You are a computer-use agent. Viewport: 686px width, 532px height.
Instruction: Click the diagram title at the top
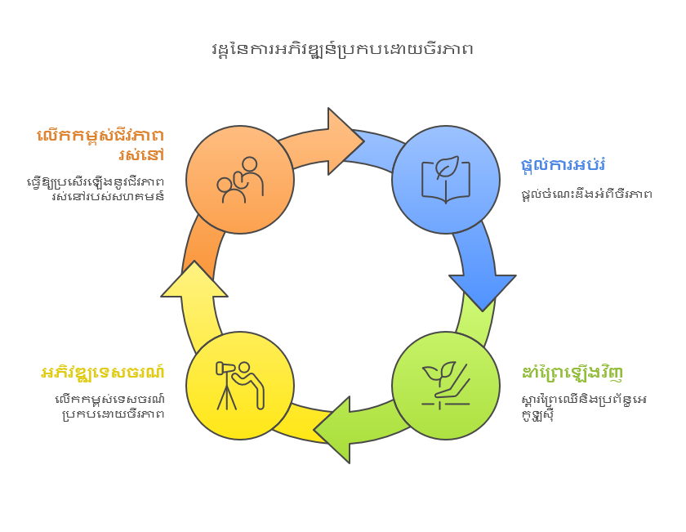(x=342, y=49)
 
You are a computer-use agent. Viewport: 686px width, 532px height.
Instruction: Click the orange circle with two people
(x=240, y=179)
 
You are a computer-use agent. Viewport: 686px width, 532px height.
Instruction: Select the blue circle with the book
(x=445, y=179)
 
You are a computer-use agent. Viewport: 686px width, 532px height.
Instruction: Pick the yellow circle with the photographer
(x=240, y=385)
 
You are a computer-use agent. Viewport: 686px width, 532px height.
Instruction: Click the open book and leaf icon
(x=445, y=179)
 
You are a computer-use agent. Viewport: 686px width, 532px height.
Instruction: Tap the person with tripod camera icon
(x=240, y=384)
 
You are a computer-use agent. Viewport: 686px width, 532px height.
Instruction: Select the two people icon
(x=240, y=180)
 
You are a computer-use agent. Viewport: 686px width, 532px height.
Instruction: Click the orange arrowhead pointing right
(x=343, y=138)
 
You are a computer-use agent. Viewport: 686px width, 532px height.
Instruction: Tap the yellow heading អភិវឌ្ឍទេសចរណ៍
(x=103, y=373)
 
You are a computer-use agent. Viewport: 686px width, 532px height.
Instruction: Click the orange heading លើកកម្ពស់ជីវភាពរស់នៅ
(x=101, y=145)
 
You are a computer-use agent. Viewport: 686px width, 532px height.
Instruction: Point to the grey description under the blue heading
(x=586, y=194)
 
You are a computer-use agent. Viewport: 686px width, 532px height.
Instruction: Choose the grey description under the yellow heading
(x=106, y=406)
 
